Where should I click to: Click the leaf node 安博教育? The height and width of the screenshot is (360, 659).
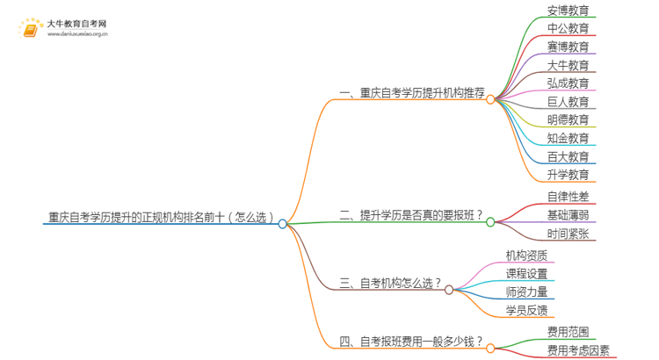[x=568, y=11]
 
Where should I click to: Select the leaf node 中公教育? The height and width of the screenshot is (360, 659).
[x=568, y=29]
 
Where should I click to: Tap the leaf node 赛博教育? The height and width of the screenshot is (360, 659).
[x=568, y=47]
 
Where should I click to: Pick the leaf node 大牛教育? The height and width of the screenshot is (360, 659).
[x=568, y=65]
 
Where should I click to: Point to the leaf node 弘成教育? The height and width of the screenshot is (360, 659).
[x=568, y=83]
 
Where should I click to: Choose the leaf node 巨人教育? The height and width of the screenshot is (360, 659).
[x=568, y=102]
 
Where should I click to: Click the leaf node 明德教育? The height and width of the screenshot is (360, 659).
[x=568, y=120]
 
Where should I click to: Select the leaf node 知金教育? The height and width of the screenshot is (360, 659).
[x=568, y=139]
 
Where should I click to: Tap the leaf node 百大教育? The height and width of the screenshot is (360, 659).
[x=568, y=157]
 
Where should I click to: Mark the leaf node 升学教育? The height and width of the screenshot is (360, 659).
[x=568, y=175]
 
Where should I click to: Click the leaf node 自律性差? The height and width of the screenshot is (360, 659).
[x=568, y=197]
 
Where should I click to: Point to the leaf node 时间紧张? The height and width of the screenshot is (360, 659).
[x=568, y=234]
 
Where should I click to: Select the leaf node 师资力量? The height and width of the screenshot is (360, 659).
[x=526, y=292]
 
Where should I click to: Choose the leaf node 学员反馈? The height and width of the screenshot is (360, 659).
[x=526, y=310]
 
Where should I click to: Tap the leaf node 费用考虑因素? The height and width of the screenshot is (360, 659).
[x=577, y=349]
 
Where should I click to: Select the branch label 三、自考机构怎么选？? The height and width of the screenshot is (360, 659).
[x=389, y=283]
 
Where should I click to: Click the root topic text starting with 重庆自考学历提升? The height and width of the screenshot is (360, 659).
[x=162, y=216]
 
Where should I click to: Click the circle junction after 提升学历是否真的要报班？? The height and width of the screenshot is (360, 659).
[x=490, y=222]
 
